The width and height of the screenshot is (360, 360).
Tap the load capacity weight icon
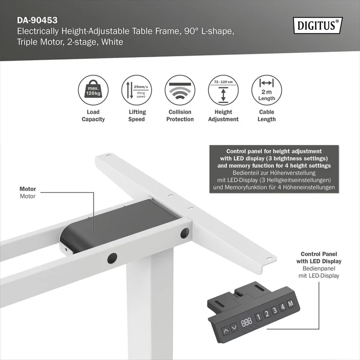pyautogui.click(x=93, y=90)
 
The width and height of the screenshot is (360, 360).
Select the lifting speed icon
pyautogui.click(x=136, y=90)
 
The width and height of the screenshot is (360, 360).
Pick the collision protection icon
pyautogui.click(x=180, y=90)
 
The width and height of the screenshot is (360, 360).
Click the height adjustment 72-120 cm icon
pyautogui.click(x=223, y=90)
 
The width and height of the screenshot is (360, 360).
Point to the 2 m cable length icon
pyautogui.click(x=267, y=90)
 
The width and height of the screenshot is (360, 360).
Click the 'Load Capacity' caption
pyautogui.click(x=93, y=115)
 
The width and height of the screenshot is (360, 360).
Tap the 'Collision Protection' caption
pyautogui.click(x=180, y=115)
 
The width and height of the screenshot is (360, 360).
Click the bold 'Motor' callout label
pyautogui.click(x=28, y=189)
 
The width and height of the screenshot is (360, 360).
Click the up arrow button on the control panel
pyautogui.click(x=225, y=330)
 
